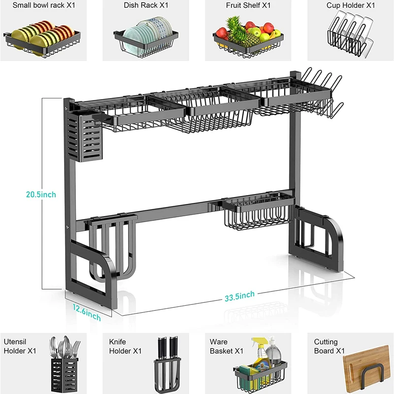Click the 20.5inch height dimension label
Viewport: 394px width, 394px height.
pyautogui.click(x=41, y=195)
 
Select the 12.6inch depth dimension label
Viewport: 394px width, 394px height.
pyautogui.click(x=87, y=312)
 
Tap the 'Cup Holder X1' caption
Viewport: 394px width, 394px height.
pyautogui.click(x=351, y=5)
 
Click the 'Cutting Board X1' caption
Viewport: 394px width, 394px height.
pyautogui.click(x=326, y=346)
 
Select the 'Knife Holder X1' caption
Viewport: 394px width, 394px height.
pyautogui.click(x=125, y=346)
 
